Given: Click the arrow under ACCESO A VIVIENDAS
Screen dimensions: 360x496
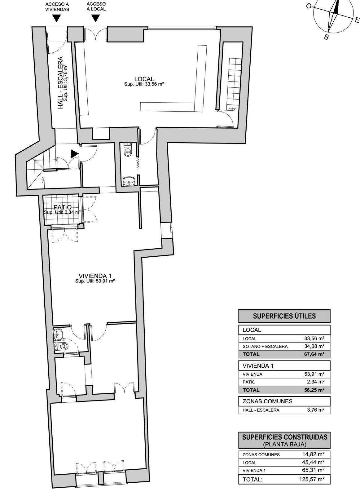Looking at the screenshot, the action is (x=57, y=18).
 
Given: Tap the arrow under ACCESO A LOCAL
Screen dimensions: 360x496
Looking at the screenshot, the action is (x=96, y=18).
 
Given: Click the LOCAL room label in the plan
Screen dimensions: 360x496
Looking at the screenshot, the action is (x=144, y=79).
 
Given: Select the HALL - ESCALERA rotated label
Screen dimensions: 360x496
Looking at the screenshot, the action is (x=60, y=83).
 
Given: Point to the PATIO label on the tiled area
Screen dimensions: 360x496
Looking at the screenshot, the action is (x=63, y=207).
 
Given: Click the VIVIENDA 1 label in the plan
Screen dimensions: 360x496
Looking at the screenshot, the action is (x=95, y=276).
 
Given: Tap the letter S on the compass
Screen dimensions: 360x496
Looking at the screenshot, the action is (x=326, y=37).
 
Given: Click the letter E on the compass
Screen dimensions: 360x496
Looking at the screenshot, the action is (x=357, y=20).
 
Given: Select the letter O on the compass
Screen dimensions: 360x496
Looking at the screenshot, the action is (x=309, y=6).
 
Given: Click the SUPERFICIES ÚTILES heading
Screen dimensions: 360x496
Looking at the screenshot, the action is (x=284, y=316).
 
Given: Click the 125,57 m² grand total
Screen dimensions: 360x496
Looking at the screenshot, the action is (x=312, y=480).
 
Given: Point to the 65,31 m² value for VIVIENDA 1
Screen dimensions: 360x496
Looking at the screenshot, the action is (x=313, y=470).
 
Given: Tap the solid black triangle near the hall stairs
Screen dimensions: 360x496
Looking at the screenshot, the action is (x=75, y=154).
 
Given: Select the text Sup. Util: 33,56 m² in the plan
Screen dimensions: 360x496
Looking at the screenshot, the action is (x=144, y=84).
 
